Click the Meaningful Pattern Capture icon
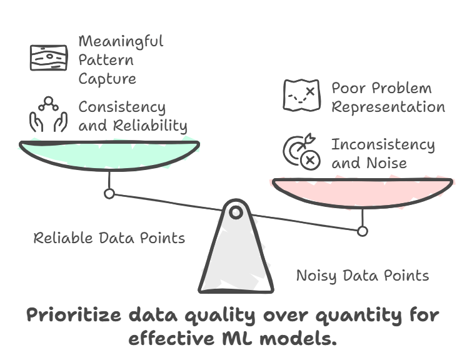point(49,57)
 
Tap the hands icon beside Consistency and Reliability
point(48,115)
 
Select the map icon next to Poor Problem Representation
point(301,96)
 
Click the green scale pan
point(109,155)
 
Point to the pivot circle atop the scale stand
point(236,212)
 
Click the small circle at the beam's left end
point(109,194)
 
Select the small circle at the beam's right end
point(362,231)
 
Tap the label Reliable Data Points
point(109,238)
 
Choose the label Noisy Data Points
point(362,276)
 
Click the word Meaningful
point(121,42)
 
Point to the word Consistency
point(122,107)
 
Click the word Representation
point(388,107)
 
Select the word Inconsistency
point(383,144)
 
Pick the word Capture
point(107,79)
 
